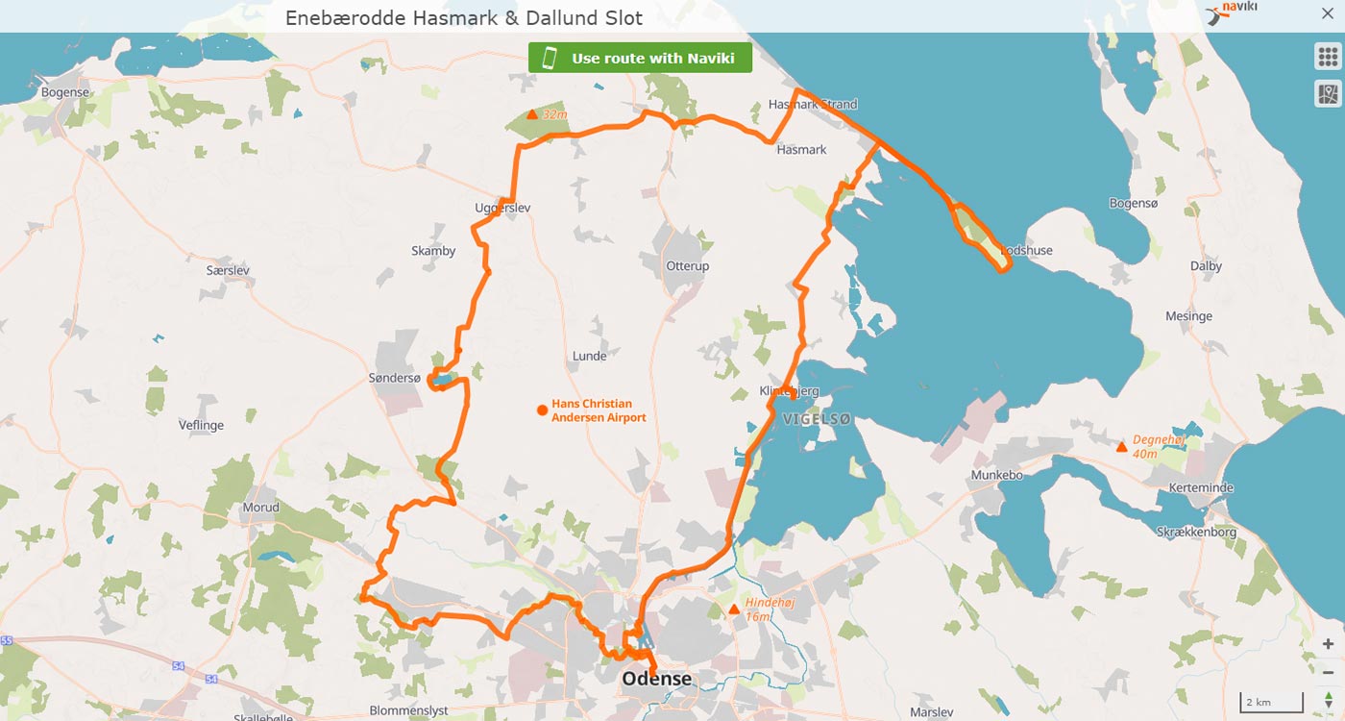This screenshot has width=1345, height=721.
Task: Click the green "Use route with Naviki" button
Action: (640, 58)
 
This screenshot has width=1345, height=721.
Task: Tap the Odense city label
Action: (656, 679)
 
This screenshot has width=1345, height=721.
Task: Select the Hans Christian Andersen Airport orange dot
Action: (542, 410)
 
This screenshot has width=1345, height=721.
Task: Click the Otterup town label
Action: (687, 266)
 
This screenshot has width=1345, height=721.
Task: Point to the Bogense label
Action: (66, 92)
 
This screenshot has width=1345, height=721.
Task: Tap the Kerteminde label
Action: (1201, 488)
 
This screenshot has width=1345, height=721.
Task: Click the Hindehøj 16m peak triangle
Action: (734, 609)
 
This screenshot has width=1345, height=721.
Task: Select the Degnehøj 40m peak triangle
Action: (1120, 446)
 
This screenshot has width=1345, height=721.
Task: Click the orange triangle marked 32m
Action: (532, 114)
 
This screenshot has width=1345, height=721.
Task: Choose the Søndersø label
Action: (395, 379)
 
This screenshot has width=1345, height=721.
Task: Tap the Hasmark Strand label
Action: (813, 104)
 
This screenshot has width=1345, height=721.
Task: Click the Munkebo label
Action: (996, 476)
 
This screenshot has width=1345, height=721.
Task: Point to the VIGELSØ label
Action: (817, 420)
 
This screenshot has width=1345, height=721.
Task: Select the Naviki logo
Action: (1233, 12)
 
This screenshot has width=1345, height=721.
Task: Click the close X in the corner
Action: (1328, 14)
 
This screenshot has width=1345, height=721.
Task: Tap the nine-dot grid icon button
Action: (1327, 56)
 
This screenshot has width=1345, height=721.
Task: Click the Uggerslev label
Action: (502, 209)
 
